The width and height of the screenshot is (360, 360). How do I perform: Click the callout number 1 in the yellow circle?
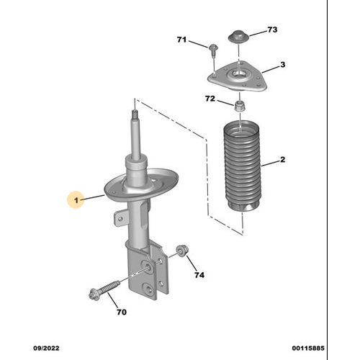pyautogui.click(x=76, y=200)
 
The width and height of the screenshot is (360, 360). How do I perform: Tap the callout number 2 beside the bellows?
pyautogui.click(x=282, y=159)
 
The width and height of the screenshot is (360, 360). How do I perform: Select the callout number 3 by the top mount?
pyautogui.click(x=283, y=65)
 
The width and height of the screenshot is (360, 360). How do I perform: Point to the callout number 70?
pyautogui.click(x=122, y=312)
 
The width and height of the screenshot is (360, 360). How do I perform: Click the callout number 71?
pyautogui.click(x=181, y=40)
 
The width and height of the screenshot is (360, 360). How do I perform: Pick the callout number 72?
pyautogui.click(x=210, y=99)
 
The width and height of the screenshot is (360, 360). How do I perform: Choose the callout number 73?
pyautogui.click(x=272, y=30)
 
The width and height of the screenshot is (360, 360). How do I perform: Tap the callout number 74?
pyautogui.click(x=199, y=275)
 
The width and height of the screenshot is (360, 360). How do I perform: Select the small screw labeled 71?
pyautogui.click(x=213, y=50)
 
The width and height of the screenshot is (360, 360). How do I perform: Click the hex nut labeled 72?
pyautogui.click(x=240, y=107)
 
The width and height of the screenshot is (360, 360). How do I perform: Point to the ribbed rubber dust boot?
pyautogui.click(x=242, y=168)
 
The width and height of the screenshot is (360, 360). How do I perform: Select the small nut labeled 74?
pyautogui.click(x=182, y=251)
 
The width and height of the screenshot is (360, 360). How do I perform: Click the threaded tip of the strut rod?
pyautogui.click(x=135, y=114)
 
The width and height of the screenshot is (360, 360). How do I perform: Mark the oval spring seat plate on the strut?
pyautogui.click(x=142, y=186)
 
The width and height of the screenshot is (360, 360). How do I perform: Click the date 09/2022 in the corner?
pyautogui.click(x=46, y=348)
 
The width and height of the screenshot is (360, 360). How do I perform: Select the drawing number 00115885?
pyautogui.click(x=308, y=348)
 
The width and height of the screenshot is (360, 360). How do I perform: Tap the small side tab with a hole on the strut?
pyautogui.click(x=121, y=218)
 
